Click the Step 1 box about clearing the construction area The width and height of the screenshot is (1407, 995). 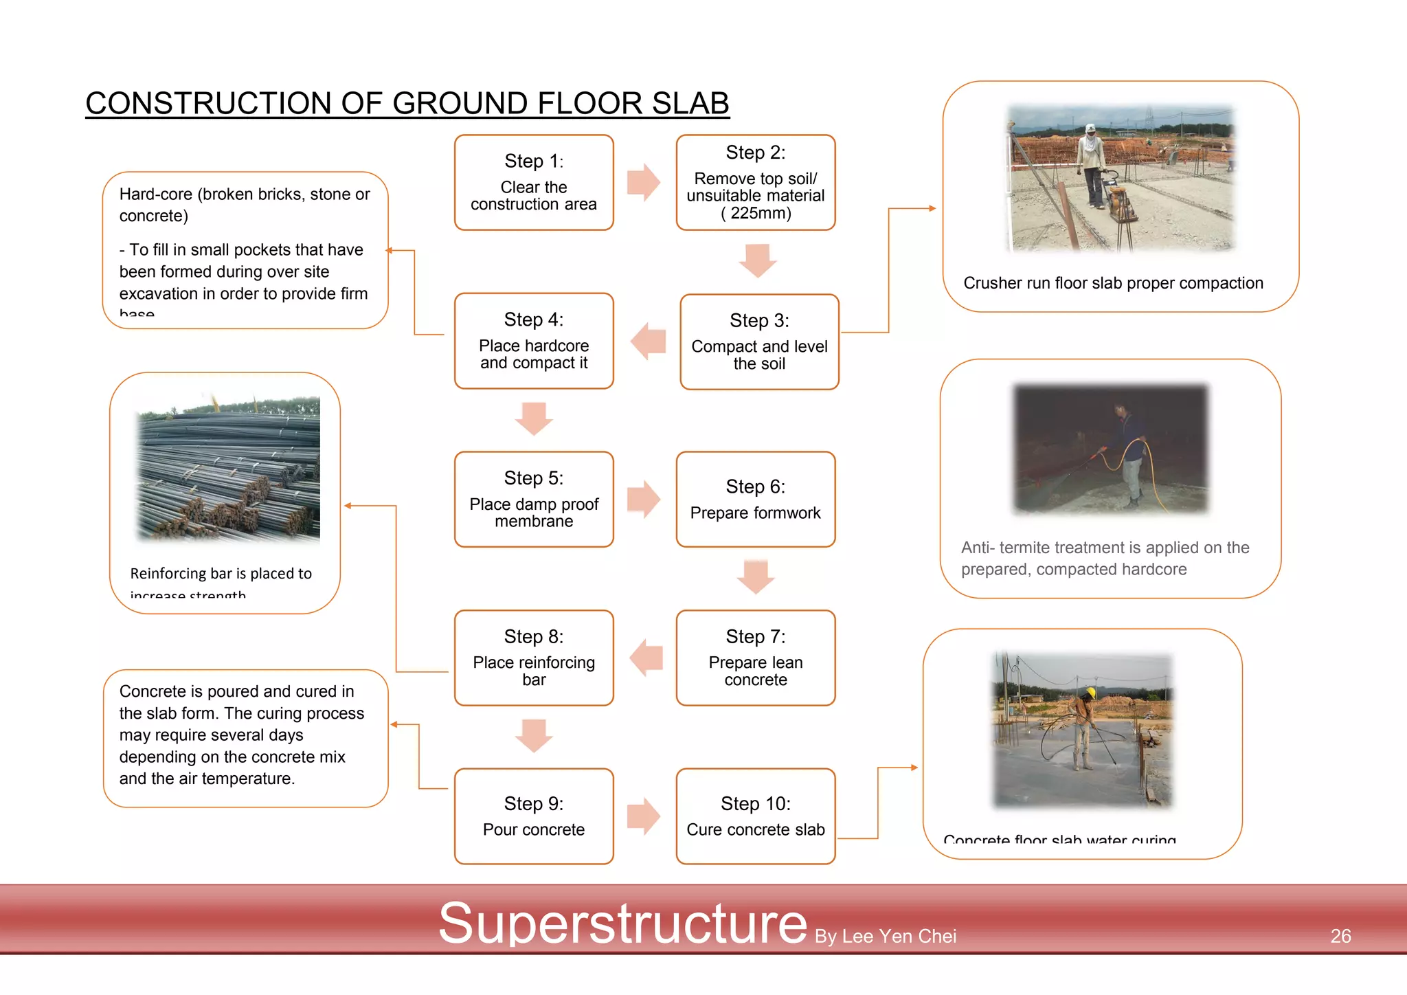click(534, 183)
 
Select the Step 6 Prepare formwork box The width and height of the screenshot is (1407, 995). click(755, 500)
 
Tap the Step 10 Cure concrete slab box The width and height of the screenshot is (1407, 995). click(755, 816)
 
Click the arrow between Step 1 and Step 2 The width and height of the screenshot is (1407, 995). click(644, 182)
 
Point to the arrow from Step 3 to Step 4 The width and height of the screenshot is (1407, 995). click(648, 342)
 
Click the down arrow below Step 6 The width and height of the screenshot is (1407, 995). click(756, 576)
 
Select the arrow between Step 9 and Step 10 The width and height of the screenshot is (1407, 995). click(644, 816)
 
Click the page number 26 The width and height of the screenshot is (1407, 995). click(1340, 936)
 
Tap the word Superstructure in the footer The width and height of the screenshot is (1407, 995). click(622, 923)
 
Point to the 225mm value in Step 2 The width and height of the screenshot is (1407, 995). click(760, 213)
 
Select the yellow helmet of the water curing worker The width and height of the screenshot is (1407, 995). click(1090, 692)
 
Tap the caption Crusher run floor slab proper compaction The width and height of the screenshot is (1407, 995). click(1113, 283)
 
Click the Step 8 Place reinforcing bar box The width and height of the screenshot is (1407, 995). click(534, 658)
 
